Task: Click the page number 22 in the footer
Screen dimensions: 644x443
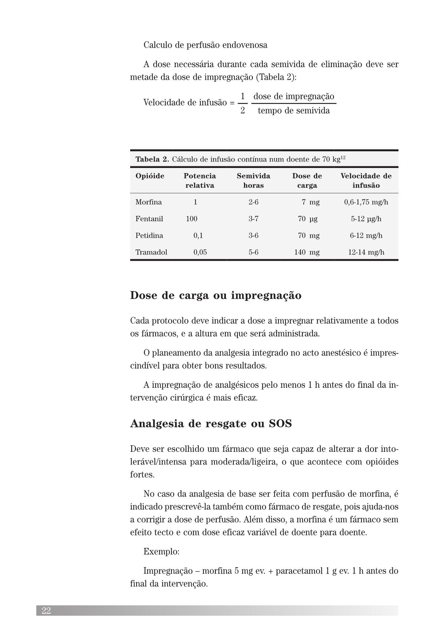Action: pos(46,611)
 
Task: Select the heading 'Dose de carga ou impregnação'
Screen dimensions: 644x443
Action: pos(216,295)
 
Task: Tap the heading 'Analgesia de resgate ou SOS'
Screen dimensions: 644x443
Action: pos(211,424)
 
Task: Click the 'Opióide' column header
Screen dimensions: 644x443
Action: pos(150,176)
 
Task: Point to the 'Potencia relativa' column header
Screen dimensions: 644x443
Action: pos(200,181)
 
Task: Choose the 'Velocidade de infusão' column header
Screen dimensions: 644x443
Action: pos(366,181)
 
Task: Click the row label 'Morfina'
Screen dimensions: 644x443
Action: pos(149,202)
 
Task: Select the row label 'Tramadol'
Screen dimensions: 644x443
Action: pos(151,252)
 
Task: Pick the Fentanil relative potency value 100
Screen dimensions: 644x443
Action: pos(192,219)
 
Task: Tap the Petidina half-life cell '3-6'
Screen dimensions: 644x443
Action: pos(253,235)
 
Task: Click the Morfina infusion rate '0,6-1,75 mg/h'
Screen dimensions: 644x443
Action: pos(366,202)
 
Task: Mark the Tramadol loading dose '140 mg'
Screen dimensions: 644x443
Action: pos(307,252)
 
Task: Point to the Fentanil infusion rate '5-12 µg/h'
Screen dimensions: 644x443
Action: pos(366,219)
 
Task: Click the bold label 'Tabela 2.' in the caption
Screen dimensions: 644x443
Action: pos(152,159)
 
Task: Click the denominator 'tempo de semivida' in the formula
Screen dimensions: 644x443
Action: pos(294,111)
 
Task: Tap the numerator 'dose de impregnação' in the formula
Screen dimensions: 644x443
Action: pos(294,96)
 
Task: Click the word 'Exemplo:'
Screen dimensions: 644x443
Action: pos(161,552)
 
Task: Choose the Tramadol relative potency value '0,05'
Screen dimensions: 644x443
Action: pos(200,252)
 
